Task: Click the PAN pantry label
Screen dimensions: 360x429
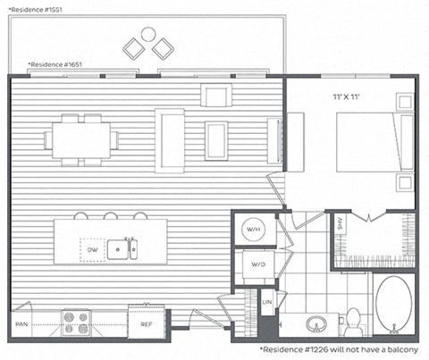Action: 21,324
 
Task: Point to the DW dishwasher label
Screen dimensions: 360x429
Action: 92,251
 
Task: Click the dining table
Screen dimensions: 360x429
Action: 81,139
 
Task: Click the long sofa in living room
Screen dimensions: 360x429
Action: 170,139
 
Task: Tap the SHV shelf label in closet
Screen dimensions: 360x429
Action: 340,227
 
